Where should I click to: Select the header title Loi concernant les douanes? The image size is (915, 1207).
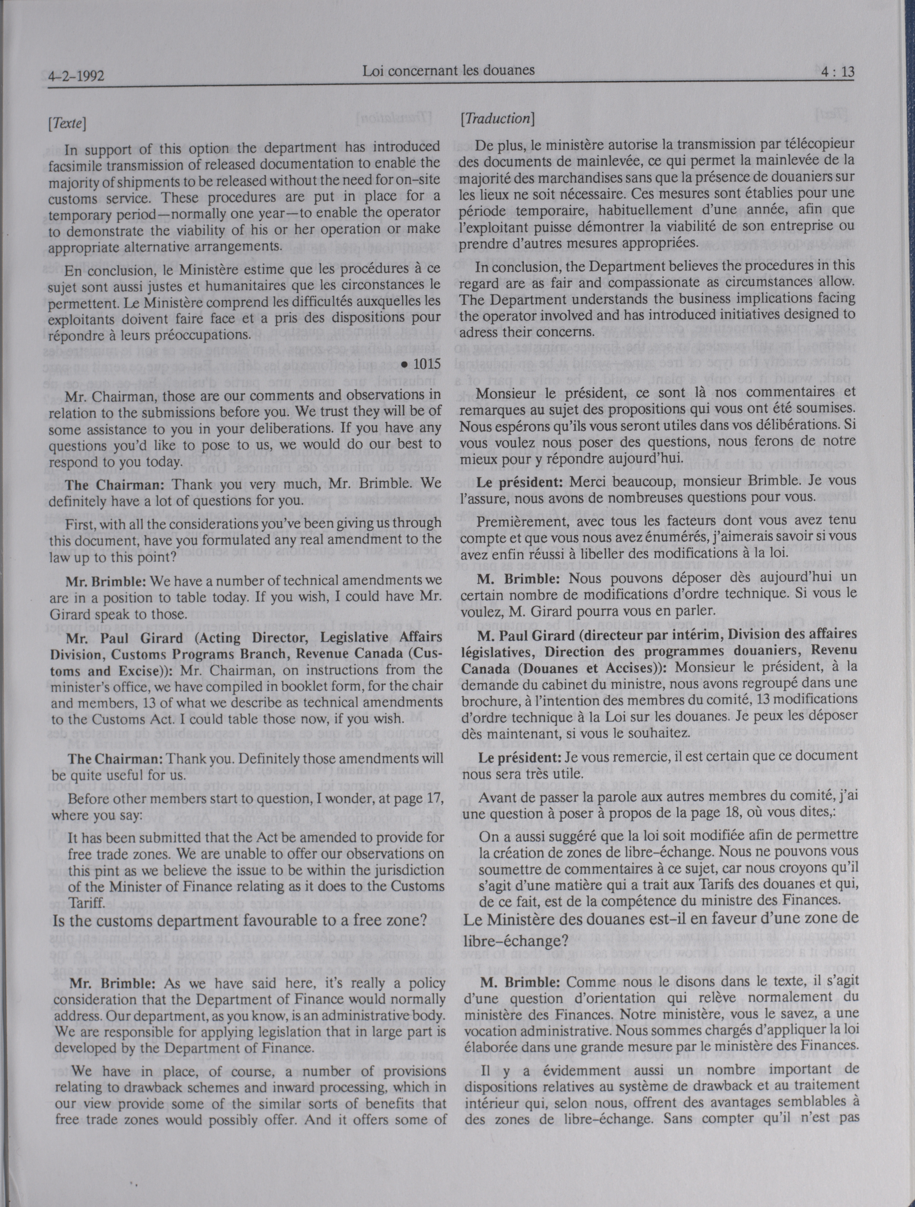[x=448, y=71]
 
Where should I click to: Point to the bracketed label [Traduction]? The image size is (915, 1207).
[x=497, y=118]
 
